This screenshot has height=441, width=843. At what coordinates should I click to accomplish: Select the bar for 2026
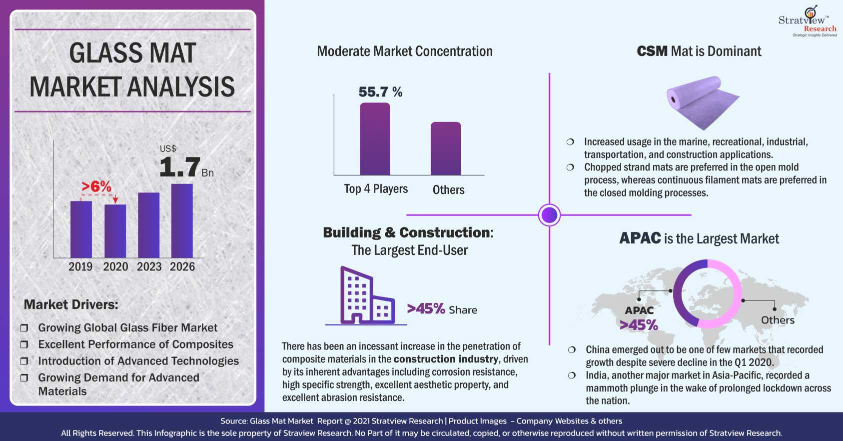pyautogui.click(x=182, y=220)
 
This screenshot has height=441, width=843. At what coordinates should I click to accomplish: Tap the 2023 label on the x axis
pyautogui.click(x=149, y=266)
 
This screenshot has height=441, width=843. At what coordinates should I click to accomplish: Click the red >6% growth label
pyautogui.click(x=96, y=186)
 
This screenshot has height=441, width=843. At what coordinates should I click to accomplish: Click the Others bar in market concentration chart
pyautogui.click(x=446, y=148)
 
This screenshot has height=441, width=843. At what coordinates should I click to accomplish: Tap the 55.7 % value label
pyautogui.click(x=380, y=92)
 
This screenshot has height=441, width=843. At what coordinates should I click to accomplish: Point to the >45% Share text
pyautogui.click(x=442, y=309)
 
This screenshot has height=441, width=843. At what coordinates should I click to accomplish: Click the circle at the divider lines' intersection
pyautogui.click(x=549, y=215)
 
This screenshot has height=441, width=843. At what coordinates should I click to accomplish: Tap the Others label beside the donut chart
pyautogui.click(x=777, y=320)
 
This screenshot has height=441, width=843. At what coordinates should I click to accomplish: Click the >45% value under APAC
pyautogui.click(x=639, y=325)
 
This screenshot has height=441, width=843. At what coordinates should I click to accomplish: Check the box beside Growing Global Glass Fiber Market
pyautogui.click(x=24, y=328)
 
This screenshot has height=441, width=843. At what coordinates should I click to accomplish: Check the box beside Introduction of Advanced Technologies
pyautogui.click(x=24, y=361)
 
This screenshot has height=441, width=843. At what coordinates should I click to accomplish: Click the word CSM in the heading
pyautogui.click(x=652, y=51)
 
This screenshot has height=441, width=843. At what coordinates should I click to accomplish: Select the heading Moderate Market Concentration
pyautogui.click(x=405, y=51)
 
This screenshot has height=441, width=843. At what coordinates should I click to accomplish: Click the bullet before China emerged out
pyautogui.click(x=572, y=349)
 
